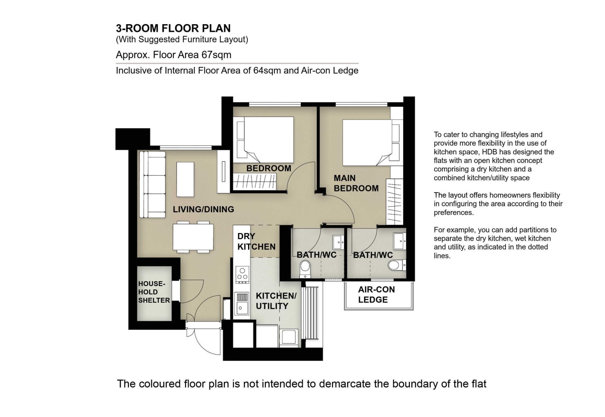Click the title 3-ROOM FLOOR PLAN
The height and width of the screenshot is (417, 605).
point(173,28)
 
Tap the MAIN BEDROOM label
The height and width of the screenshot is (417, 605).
point(356,183)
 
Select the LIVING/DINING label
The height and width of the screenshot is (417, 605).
point(203,209)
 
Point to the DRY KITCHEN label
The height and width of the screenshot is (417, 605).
point(256,241)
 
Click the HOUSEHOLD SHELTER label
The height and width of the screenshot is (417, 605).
point(154,292)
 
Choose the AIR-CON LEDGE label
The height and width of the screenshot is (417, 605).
point(376,294)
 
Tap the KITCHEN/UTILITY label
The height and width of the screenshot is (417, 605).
point(276,301)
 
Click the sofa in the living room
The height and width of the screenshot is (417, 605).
point(152,184)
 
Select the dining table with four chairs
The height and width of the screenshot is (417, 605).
point(193,237)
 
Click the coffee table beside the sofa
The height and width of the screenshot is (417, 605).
point(185,179)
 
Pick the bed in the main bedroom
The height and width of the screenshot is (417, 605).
point(370,143)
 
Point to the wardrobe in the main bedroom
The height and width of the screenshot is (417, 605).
point(395,202)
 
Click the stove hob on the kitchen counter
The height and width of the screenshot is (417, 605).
point(242,275)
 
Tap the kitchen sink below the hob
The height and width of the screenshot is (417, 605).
point(242,303)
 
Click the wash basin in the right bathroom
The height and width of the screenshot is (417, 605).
point(399,241)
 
